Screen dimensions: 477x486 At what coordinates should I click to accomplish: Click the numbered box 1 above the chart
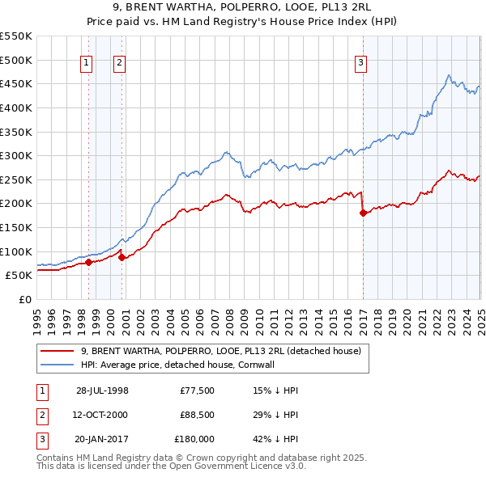tap(86, 64)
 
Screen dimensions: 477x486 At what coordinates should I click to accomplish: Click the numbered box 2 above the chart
tap(119, 64)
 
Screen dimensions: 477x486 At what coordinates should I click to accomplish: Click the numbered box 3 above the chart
tap(360, 64)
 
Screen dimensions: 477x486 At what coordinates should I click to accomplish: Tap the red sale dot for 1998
tap(88, 261)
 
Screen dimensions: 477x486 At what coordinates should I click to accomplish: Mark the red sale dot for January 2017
tap(362, 213)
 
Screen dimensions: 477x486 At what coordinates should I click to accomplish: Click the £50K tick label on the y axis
tap(19, 276)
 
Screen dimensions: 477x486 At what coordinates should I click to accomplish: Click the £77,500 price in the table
tap(197, 390)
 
